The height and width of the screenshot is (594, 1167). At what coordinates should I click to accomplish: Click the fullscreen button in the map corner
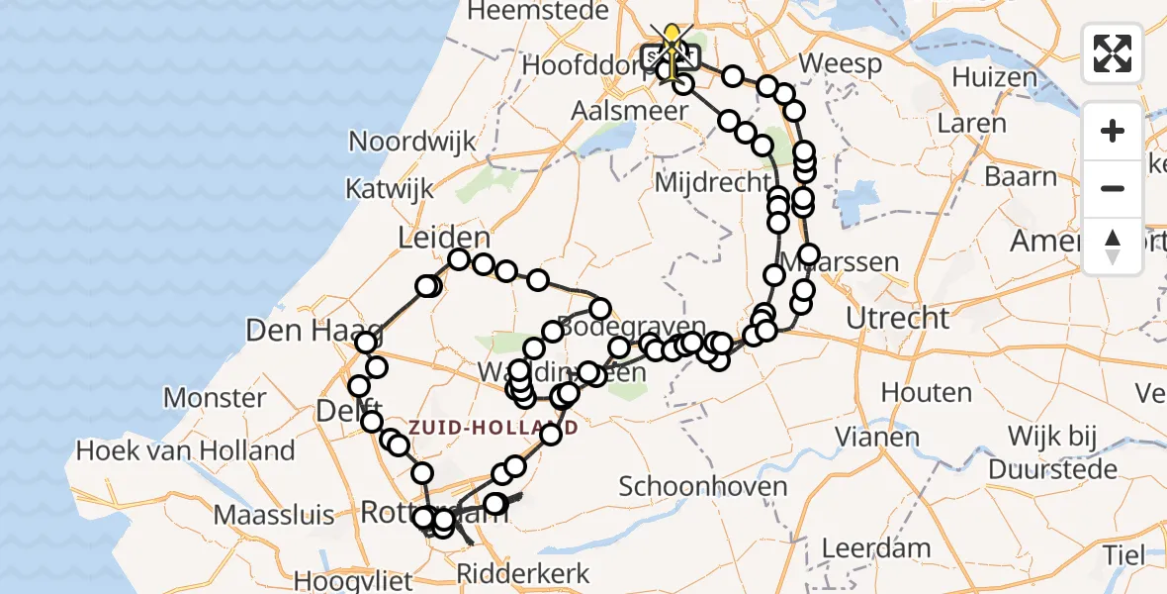(1113, 53)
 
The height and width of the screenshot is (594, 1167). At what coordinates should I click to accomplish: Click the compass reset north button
(1113, 247)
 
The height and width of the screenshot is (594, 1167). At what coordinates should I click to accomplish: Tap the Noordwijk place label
(412, 142)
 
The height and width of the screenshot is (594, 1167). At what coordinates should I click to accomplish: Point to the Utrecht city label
(898, 319)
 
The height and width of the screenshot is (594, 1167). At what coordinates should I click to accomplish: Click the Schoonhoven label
(703, 486)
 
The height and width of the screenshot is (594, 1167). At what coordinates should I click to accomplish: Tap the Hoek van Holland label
(186, 450)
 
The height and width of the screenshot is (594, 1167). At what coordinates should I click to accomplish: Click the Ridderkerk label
(522, 572)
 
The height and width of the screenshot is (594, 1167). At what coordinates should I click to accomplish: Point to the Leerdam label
(877, 547)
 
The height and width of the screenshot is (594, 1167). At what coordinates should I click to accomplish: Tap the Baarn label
(1022, 177)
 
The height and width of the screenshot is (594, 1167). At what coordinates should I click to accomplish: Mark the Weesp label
(840, 63)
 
